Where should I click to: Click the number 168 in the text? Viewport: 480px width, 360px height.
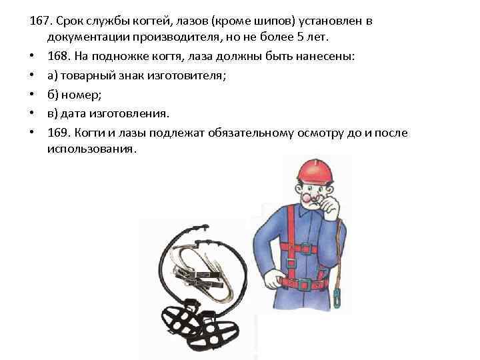point(58,57)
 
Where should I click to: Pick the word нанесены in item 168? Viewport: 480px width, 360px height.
point(328,57)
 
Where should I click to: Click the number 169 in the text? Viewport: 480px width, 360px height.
point(58,132)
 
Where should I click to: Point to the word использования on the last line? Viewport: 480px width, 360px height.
point(91,150)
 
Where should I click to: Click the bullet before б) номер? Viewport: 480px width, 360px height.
point(32,94)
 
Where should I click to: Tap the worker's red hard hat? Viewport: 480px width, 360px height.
point(314,172)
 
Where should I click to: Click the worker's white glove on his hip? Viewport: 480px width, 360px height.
point(271,277)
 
